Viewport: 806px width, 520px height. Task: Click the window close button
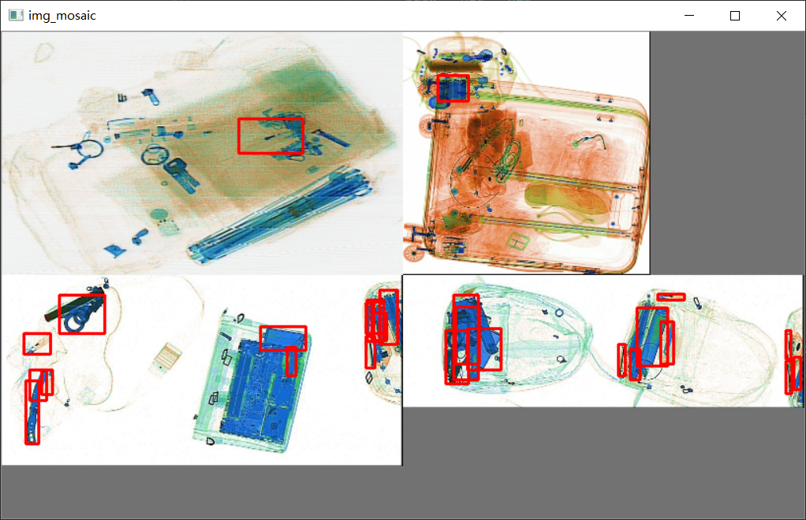(781, 16)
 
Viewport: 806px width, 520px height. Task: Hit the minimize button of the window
(689, 16)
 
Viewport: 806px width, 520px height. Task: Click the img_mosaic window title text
(62, 15)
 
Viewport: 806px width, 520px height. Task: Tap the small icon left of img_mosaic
(16, 15)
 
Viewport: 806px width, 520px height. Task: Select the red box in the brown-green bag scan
(271, 136)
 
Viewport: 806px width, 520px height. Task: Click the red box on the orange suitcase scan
(453, 87)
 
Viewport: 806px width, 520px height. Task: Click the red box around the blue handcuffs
(82, 314)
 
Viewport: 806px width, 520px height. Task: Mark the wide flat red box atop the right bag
(670, 296)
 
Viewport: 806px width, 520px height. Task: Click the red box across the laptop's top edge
(282, 338)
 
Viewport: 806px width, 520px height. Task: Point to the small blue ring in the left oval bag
(559, 313)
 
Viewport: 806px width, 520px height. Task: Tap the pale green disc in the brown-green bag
(160, 214)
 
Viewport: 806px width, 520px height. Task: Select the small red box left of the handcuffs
(37, 344)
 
